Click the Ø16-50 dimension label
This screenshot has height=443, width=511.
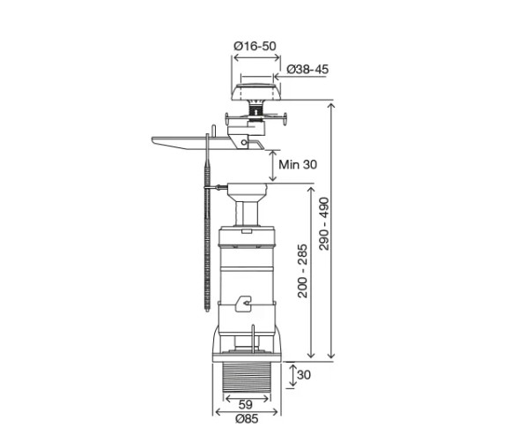pyautogui.click(x=255, y=46)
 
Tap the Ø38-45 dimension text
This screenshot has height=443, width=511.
pyautogui.click(x=307, y=69)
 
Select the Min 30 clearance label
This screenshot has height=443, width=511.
pyautogui.click(x=298, y=164)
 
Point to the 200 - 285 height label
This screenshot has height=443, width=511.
pyautogui.click(x=302, y=271)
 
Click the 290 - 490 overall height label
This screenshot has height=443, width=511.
pyautogui.click(x=324, y=223)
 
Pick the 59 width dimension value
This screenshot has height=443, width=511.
pyautogui.click(x=246, y=405)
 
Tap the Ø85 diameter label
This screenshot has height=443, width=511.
pyautogui.click(x=247, y=419)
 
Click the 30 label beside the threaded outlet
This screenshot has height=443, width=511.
pyautogui.click(x=303, y=375)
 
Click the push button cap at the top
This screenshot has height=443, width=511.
pyautogui.click(x=255, y=92)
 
